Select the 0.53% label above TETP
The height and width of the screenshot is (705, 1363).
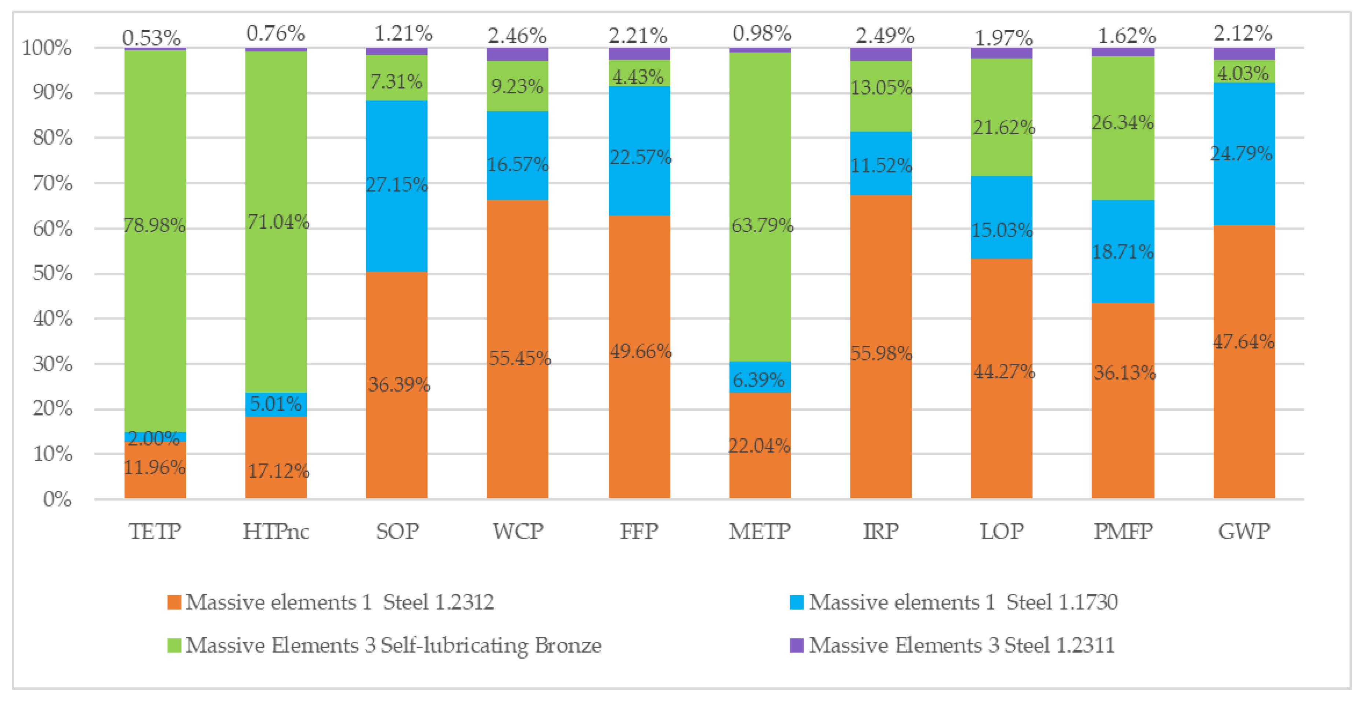151,37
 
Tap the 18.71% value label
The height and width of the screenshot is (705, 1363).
1123,252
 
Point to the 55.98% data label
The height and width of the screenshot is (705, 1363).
881,353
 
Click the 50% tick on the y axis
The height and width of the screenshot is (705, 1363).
52,274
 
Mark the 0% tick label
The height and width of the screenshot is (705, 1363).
57,499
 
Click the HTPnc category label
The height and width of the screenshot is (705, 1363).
276,531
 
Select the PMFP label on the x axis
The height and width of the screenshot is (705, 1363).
1123,531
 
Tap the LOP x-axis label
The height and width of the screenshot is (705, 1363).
1002,531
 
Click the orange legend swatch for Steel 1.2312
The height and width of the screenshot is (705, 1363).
174,602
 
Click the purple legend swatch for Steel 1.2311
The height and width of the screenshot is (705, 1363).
796,646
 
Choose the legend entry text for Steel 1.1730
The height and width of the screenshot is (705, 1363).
963,602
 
